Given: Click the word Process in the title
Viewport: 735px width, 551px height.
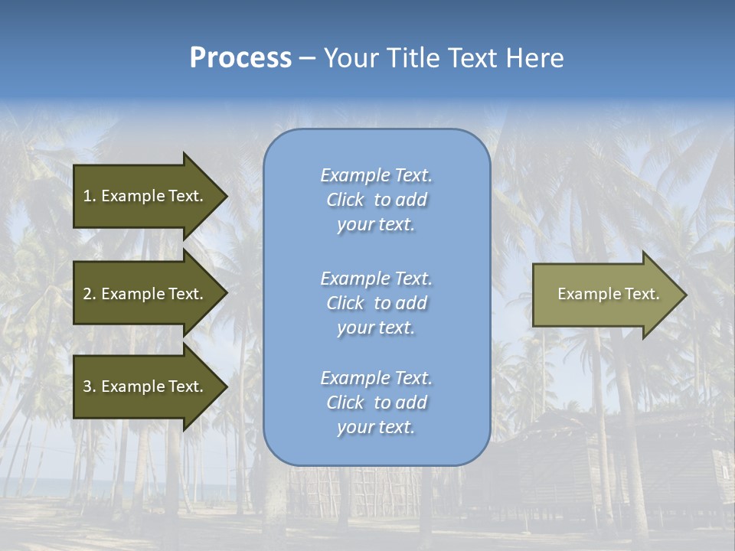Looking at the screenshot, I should (240, 58).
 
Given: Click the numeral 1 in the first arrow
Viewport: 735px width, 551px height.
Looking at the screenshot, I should (87, 196).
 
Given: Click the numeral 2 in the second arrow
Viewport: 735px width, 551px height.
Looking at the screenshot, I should (87, 294).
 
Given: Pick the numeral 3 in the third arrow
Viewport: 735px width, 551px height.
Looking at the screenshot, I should (87, 386).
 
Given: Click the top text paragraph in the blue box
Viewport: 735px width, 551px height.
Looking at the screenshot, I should (376, 200).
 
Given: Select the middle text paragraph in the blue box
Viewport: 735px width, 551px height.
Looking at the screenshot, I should (376, 303).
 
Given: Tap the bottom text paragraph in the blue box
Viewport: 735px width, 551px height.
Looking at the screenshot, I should (376, 403).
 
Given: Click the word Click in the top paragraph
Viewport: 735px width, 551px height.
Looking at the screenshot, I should (345, 200).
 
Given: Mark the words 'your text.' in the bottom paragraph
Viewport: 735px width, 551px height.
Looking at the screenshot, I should (376, 427).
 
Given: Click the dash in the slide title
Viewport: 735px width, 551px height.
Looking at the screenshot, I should (308, 59).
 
